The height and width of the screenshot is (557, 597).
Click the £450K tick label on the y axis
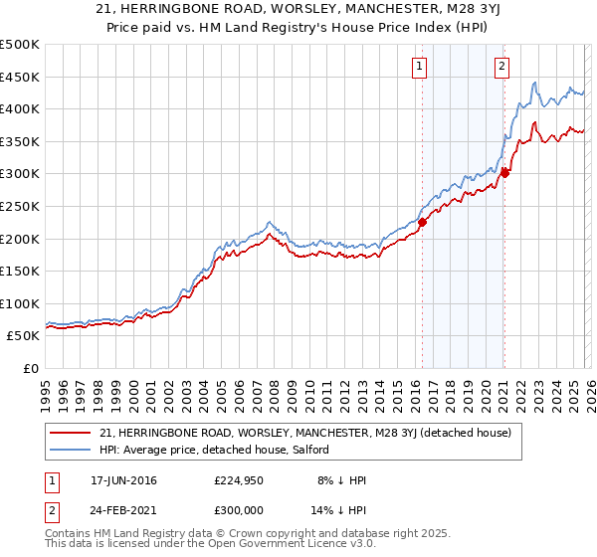[x=20, y=77]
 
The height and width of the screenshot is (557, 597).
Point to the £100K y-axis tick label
[x=20, y=303]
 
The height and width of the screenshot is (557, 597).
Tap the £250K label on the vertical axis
[x=20, y=206]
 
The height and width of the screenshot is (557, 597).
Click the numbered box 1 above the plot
[x=418, y=67]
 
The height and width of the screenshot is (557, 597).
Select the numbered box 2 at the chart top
[x=502, y=67]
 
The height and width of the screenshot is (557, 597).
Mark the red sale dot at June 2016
[x=422, y=223]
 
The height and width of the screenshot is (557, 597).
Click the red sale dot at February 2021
[x=504, y=173]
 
